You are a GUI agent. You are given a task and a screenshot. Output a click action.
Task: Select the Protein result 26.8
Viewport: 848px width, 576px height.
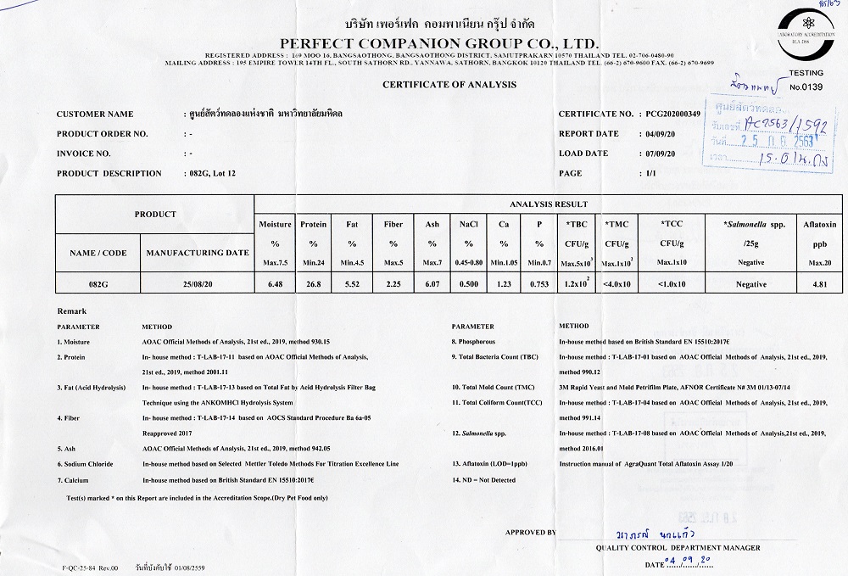point(313,285)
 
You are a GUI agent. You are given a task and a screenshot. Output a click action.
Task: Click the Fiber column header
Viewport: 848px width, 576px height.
point(393,225)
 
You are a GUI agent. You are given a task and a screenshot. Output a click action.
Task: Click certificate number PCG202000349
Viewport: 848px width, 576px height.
point(673,114)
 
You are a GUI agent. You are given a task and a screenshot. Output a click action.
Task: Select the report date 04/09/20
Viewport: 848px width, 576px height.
point(659,134)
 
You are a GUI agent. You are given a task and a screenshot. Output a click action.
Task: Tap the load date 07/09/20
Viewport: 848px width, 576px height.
point(659,154)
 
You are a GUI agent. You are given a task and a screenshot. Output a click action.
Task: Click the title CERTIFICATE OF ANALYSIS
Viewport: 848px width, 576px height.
point(449,84)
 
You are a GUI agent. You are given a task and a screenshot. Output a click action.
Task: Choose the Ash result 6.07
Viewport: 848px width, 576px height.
point(431,285)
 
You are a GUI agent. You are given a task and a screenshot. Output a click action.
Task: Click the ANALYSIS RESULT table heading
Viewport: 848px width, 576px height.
point(548,204)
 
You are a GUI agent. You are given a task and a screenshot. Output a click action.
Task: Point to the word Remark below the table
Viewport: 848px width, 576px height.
point(70,311)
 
